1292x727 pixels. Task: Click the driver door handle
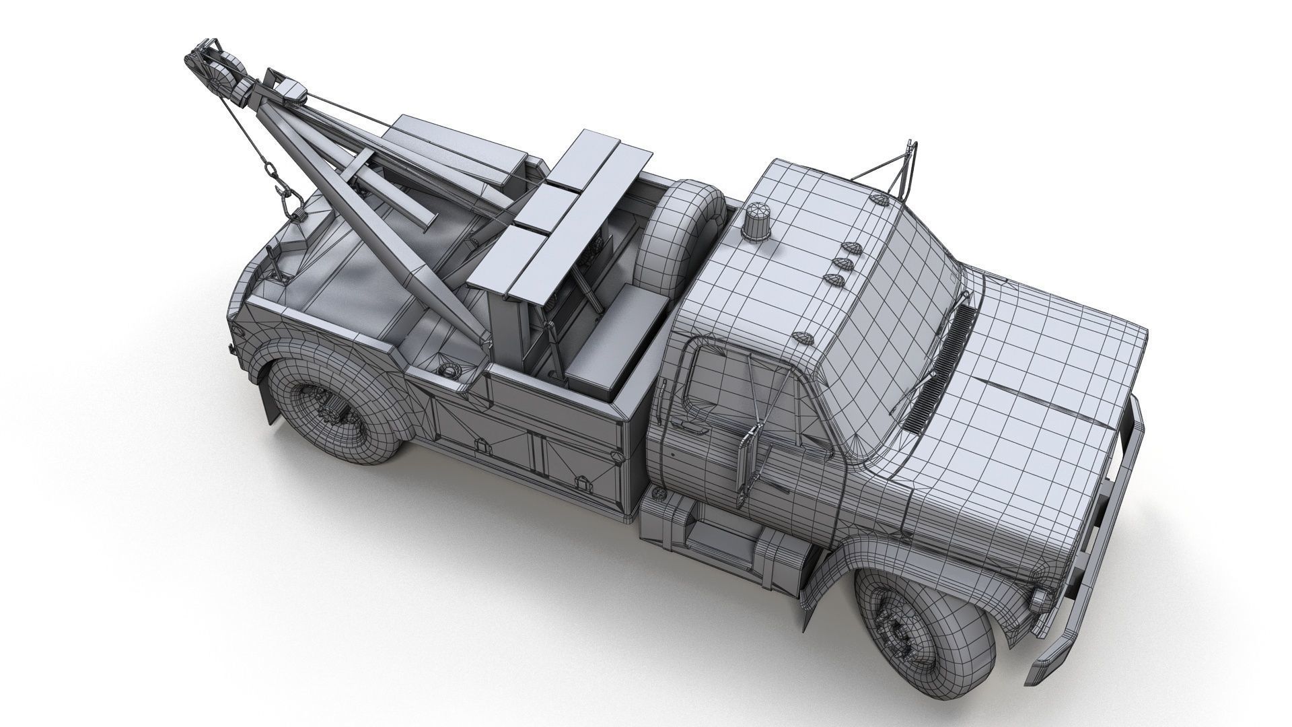(x=685, y=425)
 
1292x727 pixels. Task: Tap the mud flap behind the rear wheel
(x=271, y=404)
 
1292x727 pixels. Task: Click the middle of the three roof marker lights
(x=838, y=263)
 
